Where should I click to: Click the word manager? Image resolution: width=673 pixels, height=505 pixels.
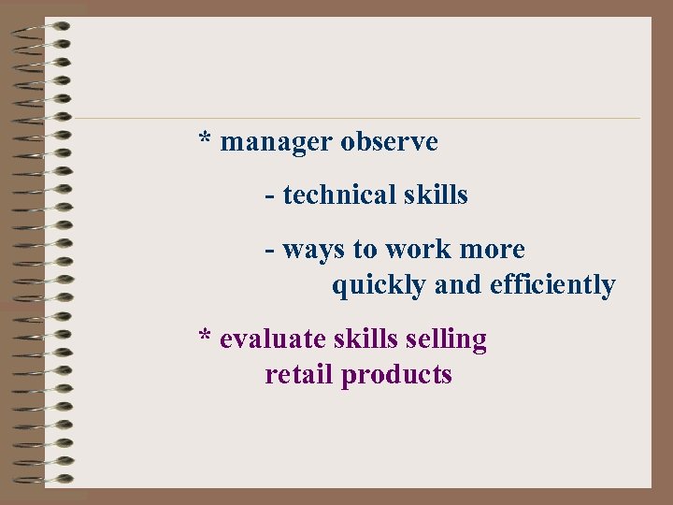pyautogui.click(x=276, y=143)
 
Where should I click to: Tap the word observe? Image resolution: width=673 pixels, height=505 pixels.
pyautogui.click(x=389, y=142)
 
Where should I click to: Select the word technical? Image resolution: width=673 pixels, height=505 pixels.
pyautogui.click(x=327, y=195)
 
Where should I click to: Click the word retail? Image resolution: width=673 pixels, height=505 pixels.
pyautogui.click(x=299, y=375)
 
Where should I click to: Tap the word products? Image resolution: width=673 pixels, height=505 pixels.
pyautogui.click(x=396, y=376)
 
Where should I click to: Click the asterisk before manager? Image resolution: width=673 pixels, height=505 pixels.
pyautogui.click(x=205, y=139)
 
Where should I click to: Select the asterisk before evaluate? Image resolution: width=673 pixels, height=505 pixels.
pyautogui.click(x=205, y=336)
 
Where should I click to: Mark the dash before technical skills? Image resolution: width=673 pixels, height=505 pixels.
pyautogui.click(x=269, y=195)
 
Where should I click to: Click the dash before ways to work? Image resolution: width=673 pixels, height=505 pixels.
pyautogui.click(x=269, y=251)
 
